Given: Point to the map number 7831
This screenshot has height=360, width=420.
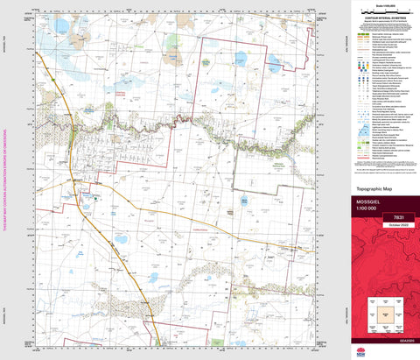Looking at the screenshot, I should click(381, 216).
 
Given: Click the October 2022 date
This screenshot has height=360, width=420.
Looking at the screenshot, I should click(381, 226).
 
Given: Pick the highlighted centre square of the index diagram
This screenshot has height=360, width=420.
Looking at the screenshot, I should click(381, 313).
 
